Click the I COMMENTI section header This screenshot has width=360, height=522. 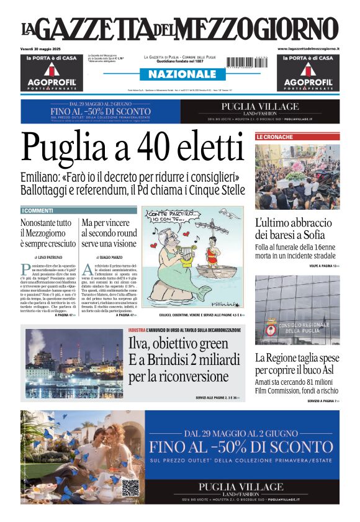pos(38,210)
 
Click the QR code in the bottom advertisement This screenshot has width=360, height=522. pos(128,487)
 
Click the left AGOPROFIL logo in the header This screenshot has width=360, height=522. pos(52,81)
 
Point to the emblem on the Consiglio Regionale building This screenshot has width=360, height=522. pos(271,328)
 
